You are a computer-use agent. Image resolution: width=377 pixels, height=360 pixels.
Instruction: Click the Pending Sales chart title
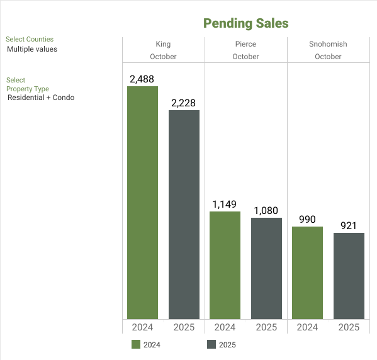(245, 23)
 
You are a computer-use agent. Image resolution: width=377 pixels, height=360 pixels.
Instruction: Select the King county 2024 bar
(142, 202)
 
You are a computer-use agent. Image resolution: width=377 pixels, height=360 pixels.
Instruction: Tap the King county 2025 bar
(184, 214)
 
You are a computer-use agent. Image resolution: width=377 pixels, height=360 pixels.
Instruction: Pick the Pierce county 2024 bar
(225, 265)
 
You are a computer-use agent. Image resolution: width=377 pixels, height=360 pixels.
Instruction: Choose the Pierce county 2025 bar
(266, 268)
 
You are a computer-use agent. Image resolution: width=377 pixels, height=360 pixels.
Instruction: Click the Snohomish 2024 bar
(307, 273)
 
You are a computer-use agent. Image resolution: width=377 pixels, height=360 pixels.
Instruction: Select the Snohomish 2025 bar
(349, 276)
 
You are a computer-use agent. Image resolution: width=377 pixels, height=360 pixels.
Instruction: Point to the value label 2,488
(142, 79)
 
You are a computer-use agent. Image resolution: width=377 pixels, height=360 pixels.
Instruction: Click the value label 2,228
(184, 103)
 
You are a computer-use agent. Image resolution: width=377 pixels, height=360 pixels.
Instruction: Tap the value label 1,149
(225, 204)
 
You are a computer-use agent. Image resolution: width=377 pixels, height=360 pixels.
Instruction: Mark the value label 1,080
(266, 210)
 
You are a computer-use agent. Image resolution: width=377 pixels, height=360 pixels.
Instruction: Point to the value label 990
(307, 219)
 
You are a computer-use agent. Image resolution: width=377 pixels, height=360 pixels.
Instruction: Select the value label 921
(349, 225)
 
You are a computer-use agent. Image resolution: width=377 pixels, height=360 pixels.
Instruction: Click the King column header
(163, 44)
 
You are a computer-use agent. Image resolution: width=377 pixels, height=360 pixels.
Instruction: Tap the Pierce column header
(245, 44)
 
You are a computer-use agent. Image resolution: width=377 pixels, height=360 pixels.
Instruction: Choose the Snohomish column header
(328, 44)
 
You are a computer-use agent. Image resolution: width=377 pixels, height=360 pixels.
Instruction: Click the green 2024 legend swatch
(136, 344)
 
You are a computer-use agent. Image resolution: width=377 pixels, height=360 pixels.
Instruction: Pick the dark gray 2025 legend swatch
(211, 344)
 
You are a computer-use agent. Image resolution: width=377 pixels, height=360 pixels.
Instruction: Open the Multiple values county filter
(32, 49)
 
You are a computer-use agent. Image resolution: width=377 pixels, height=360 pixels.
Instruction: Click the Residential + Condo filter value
(41, 98)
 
